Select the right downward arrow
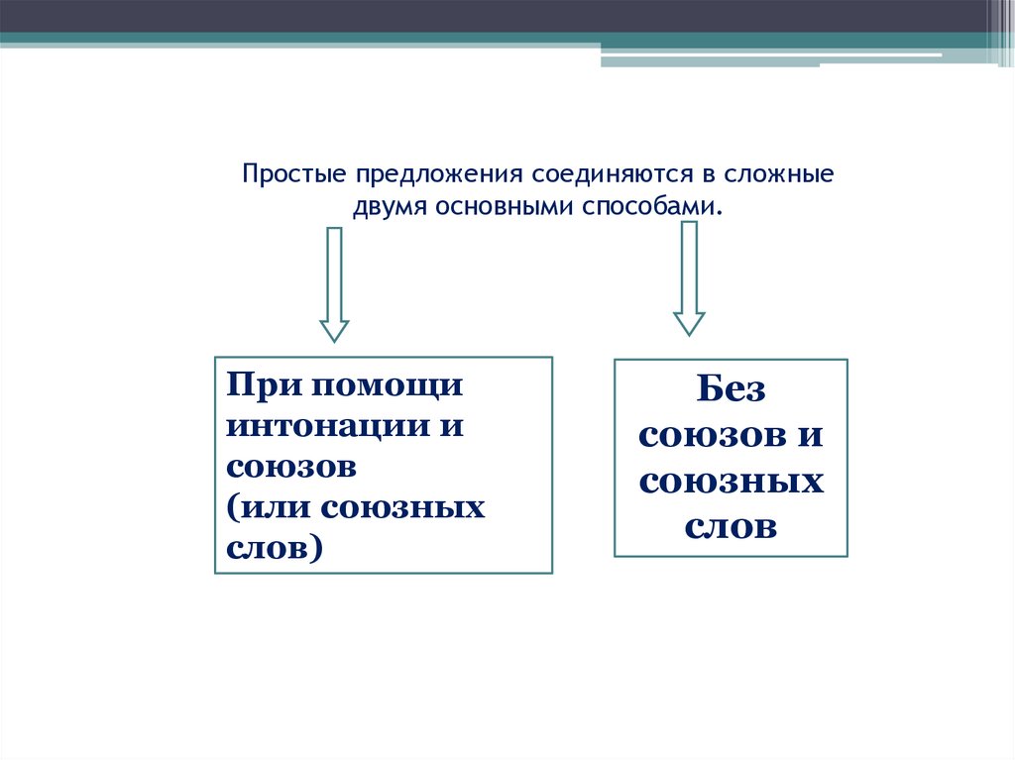[x=689, y=278]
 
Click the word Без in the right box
[x=731, y=389]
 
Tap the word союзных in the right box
[x=731, y=482]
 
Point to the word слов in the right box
[x=731, y=527]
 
